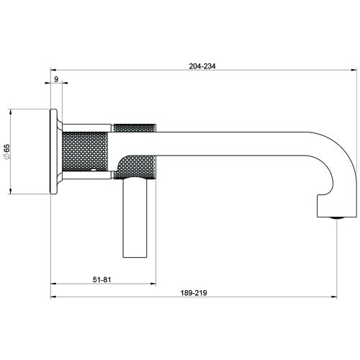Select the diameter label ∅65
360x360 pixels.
click(6, 152)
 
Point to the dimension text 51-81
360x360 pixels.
click(102, 279)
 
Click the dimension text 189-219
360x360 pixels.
click(194, 294)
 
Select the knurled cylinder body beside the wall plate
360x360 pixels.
click(86, 152)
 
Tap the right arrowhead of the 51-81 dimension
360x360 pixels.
click(152, 284)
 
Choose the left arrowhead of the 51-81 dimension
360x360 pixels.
click(53, 284)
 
